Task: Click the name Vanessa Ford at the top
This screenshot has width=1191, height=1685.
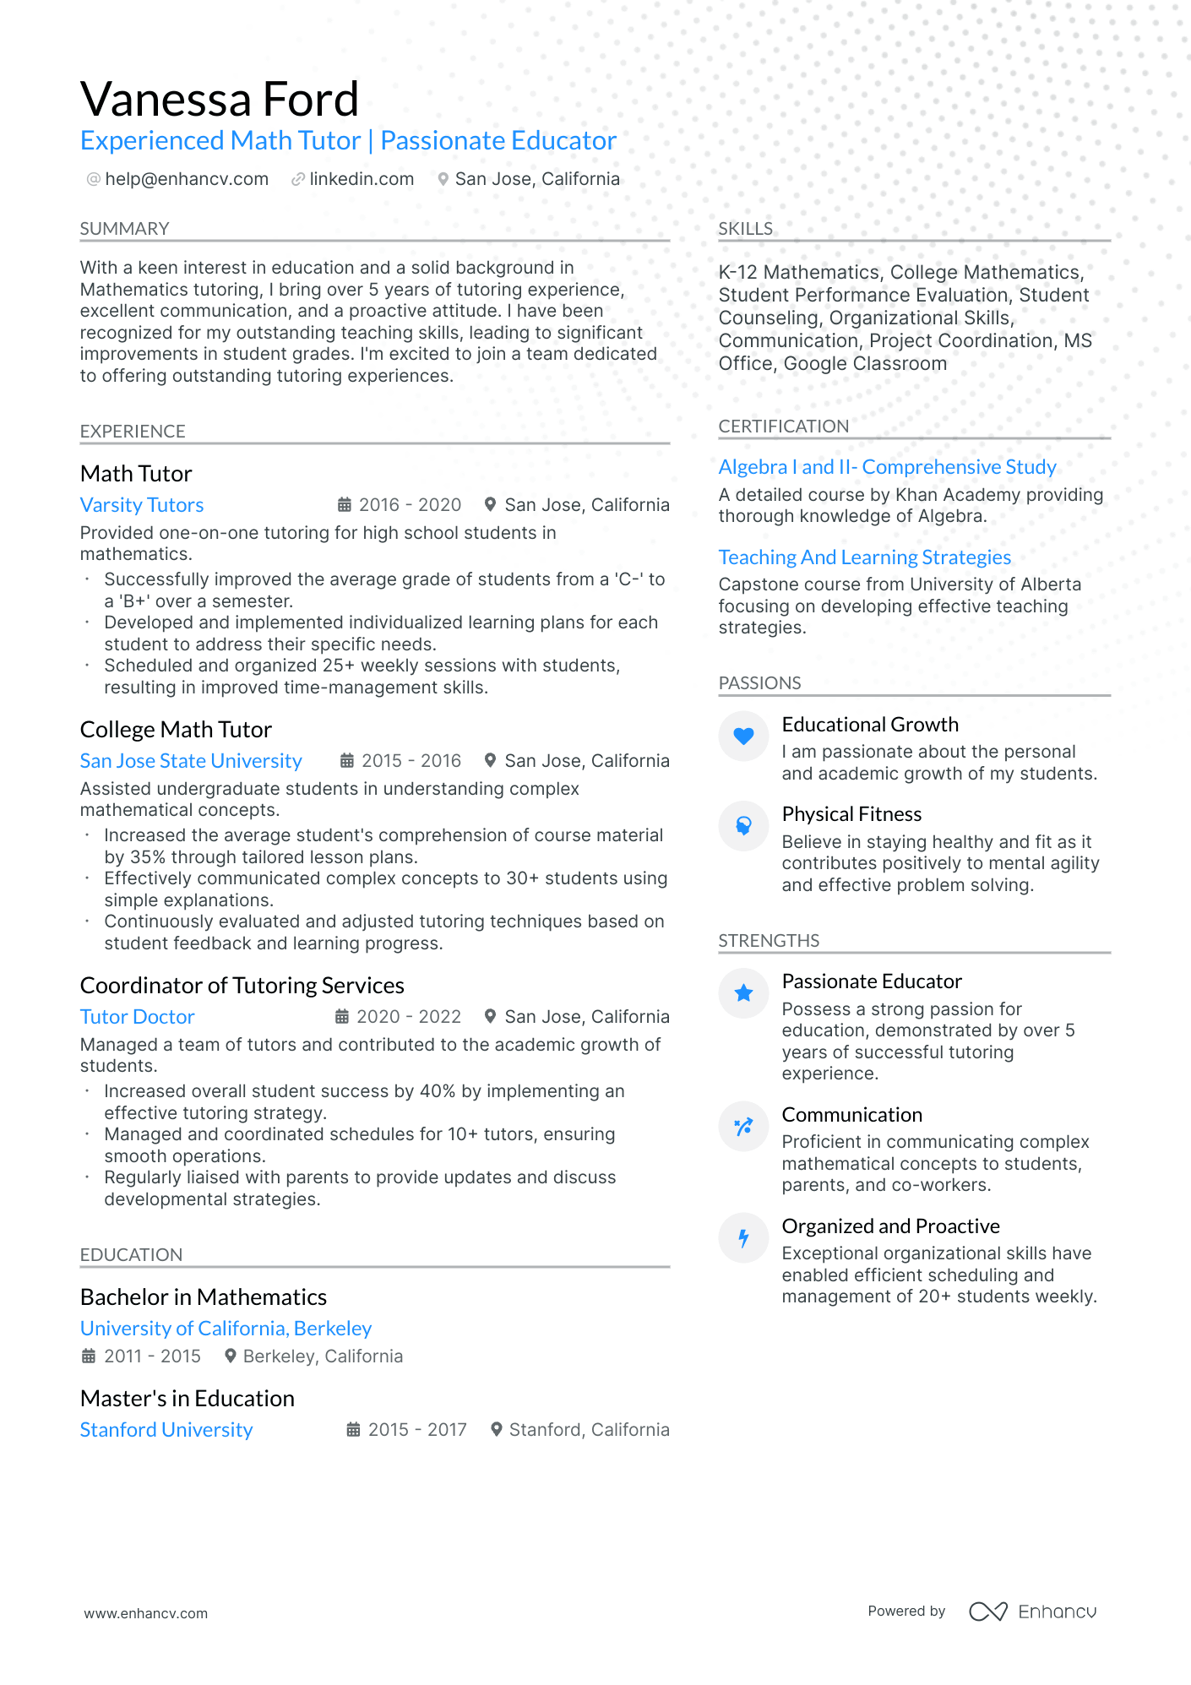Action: (x=220, y=100)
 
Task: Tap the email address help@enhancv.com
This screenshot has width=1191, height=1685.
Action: (x=187, y=179)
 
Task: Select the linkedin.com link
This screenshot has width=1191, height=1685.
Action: (x=362, y=179)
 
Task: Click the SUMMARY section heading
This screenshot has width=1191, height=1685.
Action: (x=124, y=229)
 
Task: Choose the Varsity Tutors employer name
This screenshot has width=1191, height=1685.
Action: (x=142, y=505)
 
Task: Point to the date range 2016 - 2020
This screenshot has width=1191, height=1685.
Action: (x=410, y=505)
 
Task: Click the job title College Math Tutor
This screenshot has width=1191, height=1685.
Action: (x=176, y=730)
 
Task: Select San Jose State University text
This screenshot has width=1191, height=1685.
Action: (x=191, y=761)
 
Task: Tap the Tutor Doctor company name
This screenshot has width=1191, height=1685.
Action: (x=137, y=1017)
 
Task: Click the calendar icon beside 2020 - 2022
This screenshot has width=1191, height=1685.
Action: (x=342, y=1017)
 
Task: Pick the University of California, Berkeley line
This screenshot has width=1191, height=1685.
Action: (x=226, y=1329)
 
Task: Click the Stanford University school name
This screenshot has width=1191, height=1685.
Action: (x=166, y=1430)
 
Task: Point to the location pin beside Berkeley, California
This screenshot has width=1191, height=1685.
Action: (x=230, y=1356)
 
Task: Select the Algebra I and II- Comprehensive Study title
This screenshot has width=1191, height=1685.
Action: (x=887, y=467)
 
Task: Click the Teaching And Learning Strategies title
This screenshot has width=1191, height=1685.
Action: (x=864, y=557)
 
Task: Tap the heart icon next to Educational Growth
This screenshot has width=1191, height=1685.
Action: (x=743, y=736)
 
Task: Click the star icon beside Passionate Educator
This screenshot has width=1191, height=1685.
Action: (x=743, y=993)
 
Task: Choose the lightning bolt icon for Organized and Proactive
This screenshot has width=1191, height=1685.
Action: (x=743, y=1238)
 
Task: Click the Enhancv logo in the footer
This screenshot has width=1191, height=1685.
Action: (x=1032, y=1612)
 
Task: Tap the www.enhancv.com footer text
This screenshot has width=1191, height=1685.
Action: (x=145, y=1613)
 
